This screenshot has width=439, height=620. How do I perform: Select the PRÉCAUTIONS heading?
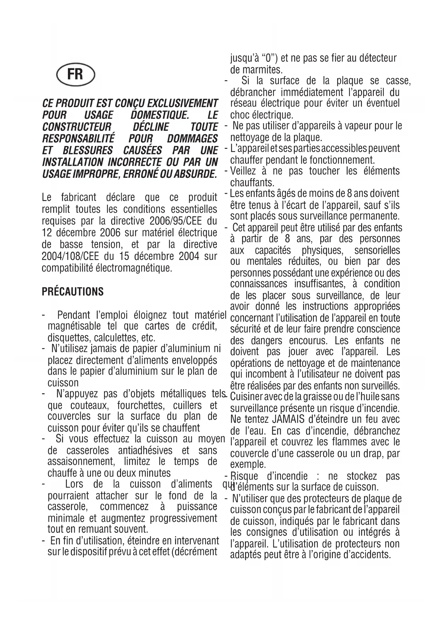[73, 292]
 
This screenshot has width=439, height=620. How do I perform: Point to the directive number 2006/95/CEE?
[176, 221]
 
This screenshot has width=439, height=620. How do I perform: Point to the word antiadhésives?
[145, 451]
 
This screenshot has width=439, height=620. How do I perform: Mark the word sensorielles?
[377, 251]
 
